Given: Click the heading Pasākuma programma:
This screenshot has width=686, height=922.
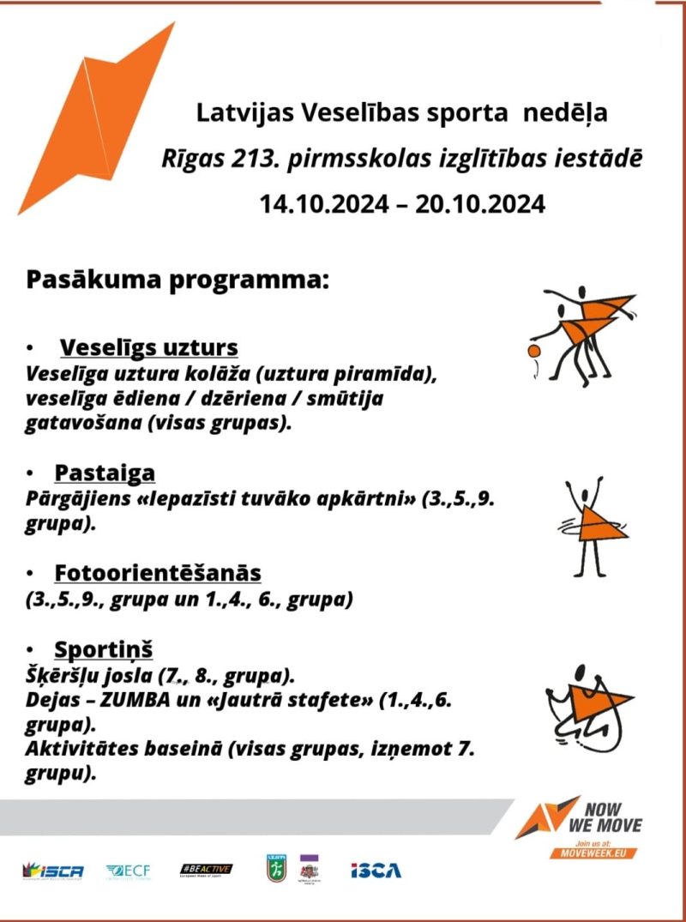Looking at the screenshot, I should (x=178, y=280).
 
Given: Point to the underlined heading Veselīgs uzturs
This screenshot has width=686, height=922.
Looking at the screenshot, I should (x=148, y=348).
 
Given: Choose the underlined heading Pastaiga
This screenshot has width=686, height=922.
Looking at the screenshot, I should (x=105, y=473).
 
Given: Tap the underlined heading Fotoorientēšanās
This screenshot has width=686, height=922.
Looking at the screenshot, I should (x=158, y=572).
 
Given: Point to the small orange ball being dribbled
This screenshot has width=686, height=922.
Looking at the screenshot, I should (x=535, y=352).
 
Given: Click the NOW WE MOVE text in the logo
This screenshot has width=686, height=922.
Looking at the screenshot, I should (x=612, y=818).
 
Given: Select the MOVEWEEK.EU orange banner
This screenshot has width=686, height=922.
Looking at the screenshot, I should (x=610, y=853).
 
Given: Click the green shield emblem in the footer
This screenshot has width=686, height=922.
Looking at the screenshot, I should (x=274, y=869).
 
